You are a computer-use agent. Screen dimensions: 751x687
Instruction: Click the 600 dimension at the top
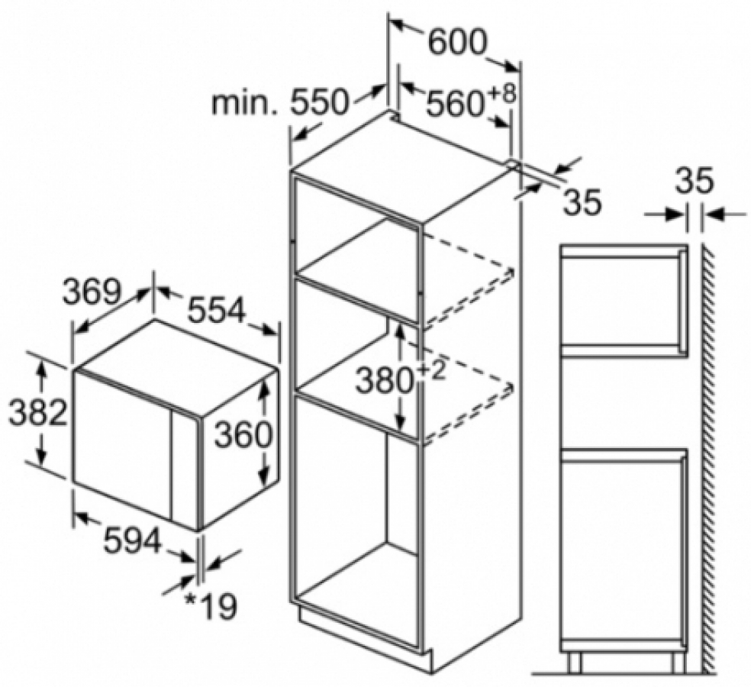click(457, 42)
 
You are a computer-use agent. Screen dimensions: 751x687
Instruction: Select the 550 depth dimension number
click(318, 102)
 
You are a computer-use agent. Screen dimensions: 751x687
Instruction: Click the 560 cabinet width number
click(453, 104)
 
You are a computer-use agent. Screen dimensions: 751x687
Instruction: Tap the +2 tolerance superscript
click(430, 370)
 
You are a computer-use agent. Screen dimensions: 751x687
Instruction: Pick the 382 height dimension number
click(38, 412)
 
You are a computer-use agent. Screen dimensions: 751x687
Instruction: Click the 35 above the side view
click(695, 182)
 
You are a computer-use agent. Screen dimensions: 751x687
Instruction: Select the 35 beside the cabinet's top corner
click(582, 202)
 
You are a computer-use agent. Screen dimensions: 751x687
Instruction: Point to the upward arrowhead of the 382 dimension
click(42, 370)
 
